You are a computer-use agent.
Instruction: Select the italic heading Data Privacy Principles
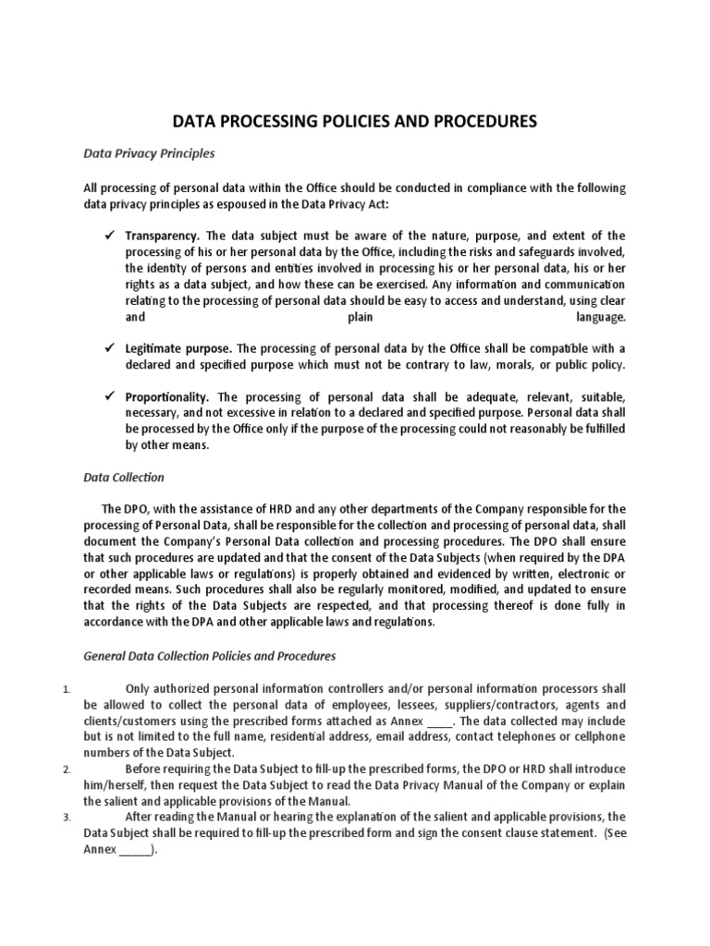(x=149, y=153)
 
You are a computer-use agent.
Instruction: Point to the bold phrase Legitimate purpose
(x=179, y=348)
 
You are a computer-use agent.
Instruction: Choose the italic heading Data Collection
(x=124, y=477)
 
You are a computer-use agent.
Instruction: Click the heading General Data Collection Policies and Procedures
(x=209, y=656)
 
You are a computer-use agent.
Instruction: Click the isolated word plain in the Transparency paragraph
(x=361, y=317)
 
